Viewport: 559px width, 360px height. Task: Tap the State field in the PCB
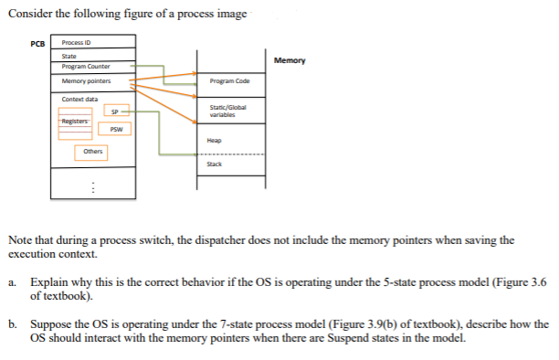69,57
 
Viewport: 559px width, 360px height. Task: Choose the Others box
92,152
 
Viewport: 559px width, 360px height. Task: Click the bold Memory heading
290,61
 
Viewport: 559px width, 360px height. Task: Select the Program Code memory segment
229,81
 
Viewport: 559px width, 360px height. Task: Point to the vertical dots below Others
90,188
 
